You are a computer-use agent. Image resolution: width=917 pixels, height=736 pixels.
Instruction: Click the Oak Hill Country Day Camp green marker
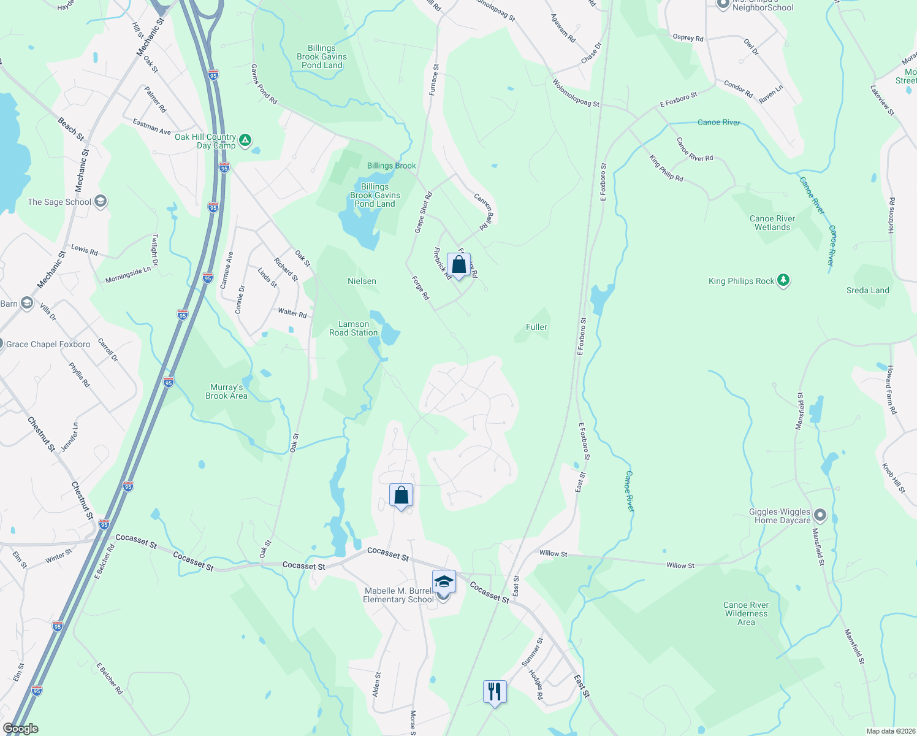(245, 140)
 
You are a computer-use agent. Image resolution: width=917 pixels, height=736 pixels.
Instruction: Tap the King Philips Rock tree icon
(783, 280)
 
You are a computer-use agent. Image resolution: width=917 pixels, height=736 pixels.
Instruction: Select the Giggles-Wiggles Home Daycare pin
(820, 515)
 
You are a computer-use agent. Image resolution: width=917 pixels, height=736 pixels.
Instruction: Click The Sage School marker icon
(101, 201)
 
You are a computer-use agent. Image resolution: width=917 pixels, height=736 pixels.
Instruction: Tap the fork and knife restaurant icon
(493, 692)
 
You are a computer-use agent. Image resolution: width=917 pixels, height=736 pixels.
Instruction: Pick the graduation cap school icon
(443, 581)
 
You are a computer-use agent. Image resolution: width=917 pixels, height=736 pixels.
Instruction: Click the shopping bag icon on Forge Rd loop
(458, 265)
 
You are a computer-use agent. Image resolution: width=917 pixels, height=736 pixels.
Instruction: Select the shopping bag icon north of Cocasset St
(401, 495)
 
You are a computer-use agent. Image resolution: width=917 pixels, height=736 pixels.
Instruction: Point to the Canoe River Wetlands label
(772, 223)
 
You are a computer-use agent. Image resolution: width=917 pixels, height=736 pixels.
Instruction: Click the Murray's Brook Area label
(226, 391)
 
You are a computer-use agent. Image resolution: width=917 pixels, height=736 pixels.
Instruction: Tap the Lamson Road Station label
(354, 328)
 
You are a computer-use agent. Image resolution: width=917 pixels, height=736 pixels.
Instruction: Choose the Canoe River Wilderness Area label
(746, 613)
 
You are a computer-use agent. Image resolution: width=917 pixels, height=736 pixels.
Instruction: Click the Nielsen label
(362, 281)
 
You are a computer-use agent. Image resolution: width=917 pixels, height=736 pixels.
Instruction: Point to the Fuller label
(536, 327)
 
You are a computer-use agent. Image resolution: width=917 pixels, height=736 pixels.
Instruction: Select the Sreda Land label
(867, 290)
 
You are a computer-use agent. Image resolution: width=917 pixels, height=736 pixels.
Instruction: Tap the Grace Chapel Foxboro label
(48, 344)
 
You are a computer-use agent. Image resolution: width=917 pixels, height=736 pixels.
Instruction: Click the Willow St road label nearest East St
(553, 553)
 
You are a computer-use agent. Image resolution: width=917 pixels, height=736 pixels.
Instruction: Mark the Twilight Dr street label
(155, 250)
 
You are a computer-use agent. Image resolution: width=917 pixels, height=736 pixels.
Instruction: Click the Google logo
(21, 728)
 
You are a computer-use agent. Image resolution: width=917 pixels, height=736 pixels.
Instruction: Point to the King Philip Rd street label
(666, 169)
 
